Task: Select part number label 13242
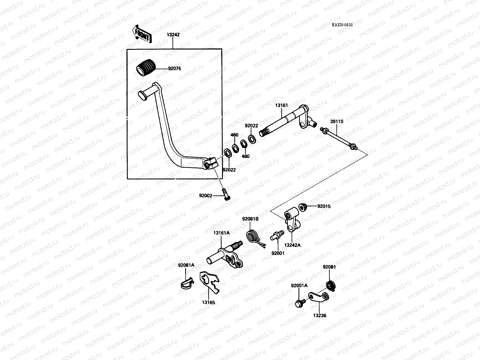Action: (173, 35)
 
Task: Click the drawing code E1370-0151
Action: (342, 25)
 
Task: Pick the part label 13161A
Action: (221, 233)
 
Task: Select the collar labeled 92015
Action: (303, 207)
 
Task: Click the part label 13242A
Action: (292, 245)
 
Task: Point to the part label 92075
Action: (174, 69)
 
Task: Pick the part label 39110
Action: (337, 121)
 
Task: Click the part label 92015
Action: (324, 206)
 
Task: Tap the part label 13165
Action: (208, 303)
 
